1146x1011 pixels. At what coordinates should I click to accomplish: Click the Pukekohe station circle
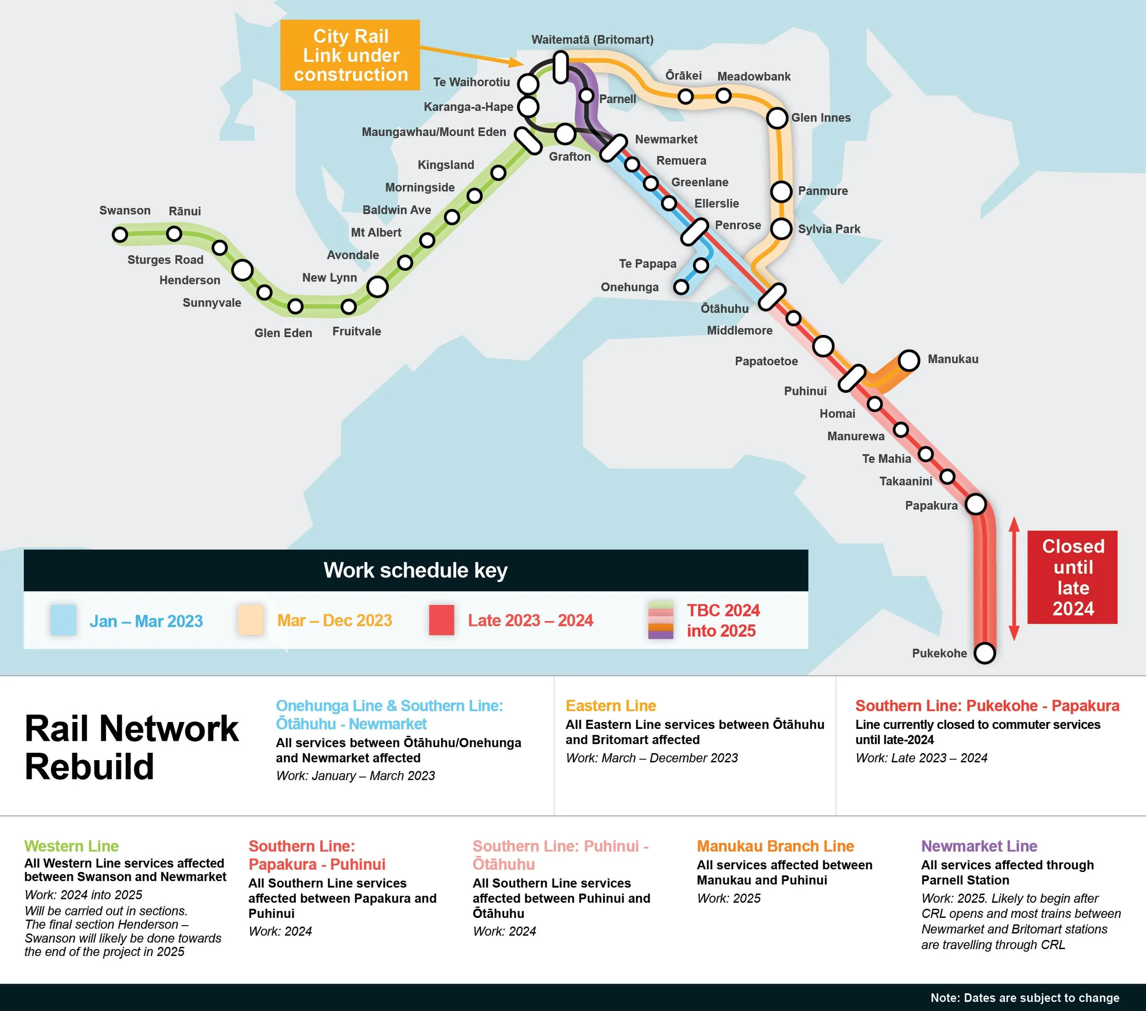985,653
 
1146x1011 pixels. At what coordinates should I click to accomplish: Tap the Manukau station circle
909,360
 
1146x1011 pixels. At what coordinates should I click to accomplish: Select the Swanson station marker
120,234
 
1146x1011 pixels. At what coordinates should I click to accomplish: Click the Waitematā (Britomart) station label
592,40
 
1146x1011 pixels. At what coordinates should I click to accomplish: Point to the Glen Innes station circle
777,118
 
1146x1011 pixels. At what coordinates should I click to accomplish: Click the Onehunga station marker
681,287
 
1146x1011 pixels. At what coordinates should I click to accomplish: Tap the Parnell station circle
586,96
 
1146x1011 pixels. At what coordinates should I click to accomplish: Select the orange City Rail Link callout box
350,55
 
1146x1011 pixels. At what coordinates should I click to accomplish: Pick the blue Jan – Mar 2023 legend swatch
63,620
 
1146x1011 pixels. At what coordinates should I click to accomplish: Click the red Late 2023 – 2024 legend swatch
441,620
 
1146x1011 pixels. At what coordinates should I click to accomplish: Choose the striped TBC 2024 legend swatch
661,620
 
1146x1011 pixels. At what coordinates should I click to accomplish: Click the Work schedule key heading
415,570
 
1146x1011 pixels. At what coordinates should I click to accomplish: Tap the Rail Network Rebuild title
132,747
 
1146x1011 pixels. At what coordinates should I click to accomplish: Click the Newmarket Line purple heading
979,846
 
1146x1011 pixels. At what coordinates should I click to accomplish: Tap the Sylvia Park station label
829,229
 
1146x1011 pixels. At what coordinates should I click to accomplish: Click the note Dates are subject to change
1025,998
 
